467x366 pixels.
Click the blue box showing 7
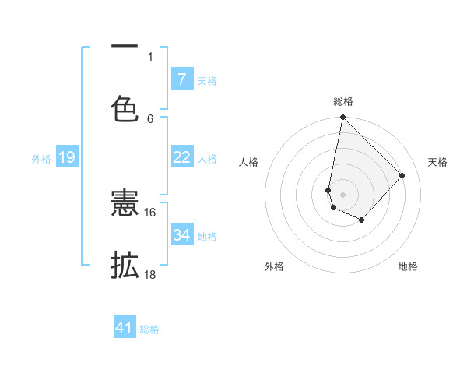pyautogui.click(x=182, y=79)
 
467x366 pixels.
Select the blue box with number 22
pyautogui.click(x=182, y=157)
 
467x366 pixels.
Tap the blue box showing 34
pyautogui.click(x=182, y=234)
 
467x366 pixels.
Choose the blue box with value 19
pyautogui.click(x=67, y=158)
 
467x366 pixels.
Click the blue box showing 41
pyautogui.click(x=125, y=328)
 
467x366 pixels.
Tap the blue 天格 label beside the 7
pyautogui.click(x=207, y=80)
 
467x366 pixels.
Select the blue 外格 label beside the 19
pyautogui.click(x=41, y=159)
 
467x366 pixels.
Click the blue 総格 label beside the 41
pyautogui.click(x=149, y=329)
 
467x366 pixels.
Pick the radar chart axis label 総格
pyautogui.click(x=343, y=101)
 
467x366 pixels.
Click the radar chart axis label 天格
pyautogui.click(x=437, y=162)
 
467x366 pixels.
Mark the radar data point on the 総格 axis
pyautogui.click(x=342, y=118)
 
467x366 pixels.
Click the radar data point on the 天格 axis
pyautogui.click(x=402, y=175)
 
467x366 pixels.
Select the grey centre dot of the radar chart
pyautogui.click(x=342, y=195)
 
